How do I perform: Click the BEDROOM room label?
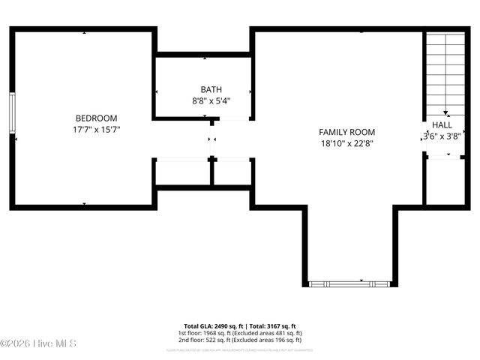(x=96, y=118)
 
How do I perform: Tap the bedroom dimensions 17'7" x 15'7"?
(x=96, y=129)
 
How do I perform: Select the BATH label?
(x=211, y=90)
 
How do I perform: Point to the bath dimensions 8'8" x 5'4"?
(x=211, y=100)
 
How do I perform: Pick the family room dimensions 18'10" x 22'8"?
(x=346, y=143)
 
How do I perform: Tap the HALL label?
(x=442, y=125)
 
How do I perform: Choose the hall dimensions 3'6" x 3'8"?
(x=441, y=136)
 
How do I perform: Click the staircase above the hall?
(x=445, y=71)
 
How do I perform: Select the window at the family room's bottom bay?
(x=349, y=283)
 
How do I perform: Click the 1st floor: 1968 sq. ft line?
(x=239, y=333)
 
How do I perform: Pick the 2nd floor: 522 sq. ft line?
(x=239, y=340)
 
